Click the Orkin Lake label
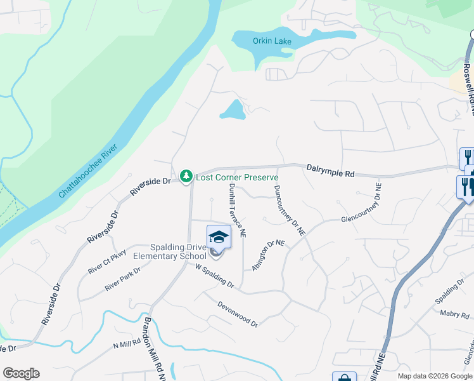(x=272, y=41)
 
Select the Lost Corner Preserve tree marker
(x=186, y=176)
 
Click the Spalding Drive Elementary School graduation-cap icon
(x=219, y=237)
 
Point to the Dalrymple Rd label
(x=331, y=170)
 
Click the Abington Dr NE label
(x=268, y=255)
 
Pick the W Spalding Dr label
(x=214, y=277)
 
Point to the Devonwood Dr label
(x=238, y=314)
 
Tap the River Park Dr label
(x=123, y=279)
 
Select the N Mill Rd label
(x=127, y=344)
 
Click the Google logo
(x=21, y=373)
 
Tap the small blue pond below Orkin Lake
(x=233, y=111)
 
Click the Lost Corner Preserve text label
(x=237, y=177)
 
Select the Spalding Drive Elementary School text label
(x=169, y=251)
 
